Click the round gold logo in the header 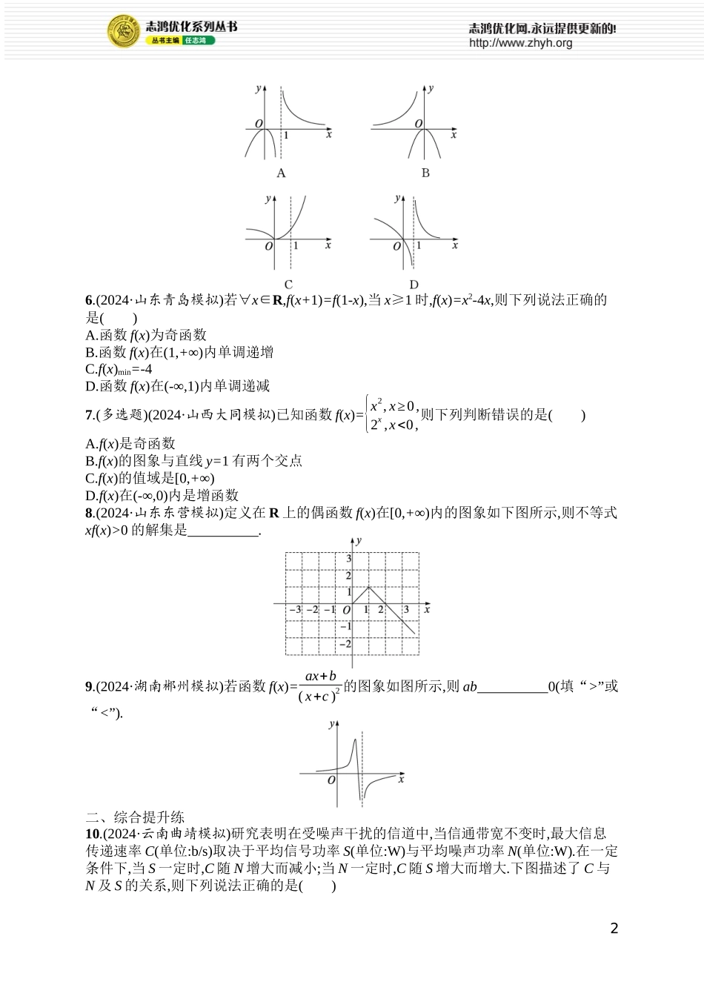point(124,32)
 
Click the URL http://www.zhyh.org point(520,43)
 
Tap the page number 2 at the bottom point(614,929)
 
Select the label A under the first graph point(281,173)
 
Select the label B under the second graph point(425,173)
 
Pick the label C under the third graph point(288,284)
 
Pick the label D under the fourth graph point(414,284)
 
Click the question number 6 point(89,300)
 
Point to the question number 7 point(89,415)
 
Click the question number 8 point(89,513)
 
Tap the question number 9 point(89,687)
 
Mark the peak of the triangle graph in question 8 point(369,587)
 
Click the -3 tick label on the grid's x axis point(294,609)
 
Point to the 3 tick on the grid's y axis point(348,558)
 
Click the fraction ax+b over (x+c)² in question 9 point(320,686)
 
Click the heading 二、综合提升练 point(135,817)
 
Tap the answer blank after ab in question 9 point(513,687)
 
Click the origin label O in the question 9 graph point(331,780)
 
